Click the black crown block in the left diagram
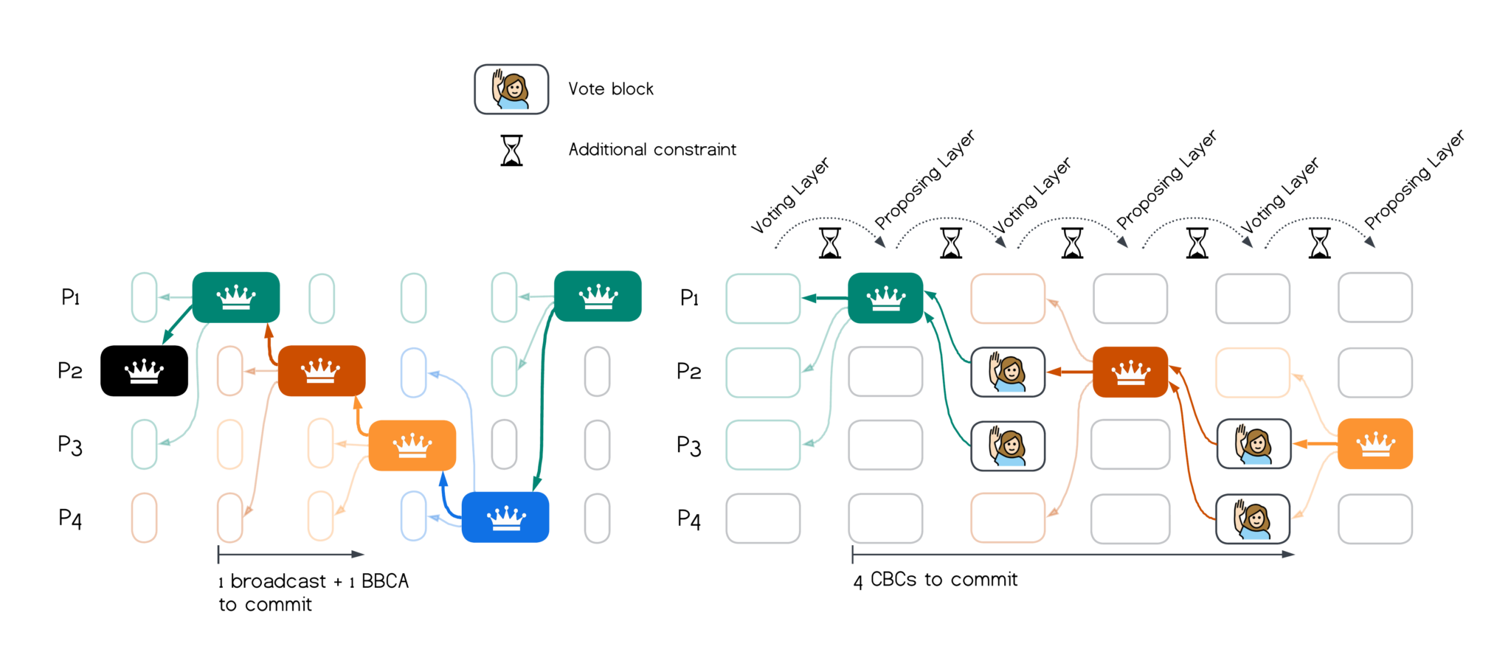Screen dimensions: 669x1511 (x=144, y=371)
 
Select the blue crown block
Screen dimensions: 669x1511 (x=505, y=517)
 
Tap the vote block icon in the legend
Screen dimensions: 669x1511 (x=511, y=89)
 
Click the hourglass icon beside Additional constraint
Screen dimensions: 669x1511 (x=511, y=150)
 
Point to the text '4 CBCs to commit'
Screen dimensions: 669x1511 (x=935, y=580)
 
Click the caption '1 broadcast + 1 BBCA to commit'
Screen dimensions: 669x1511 (x=313, y=592)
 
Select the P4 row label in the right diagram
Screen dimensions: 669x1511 (x=689, y=519)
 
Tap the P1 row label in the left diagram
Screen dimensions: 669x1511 (x=70, y=297)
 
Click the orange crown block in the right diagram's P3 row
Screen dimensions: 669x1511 (x=1375, y=444)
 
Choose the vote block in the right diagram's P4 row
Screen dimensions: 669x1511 (x=1253, y=519)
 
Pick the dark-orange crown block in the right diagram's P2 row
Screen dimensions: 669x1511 (x=1130, y=372)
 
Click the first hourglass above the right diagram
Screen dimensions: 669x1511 (x=830, y=243)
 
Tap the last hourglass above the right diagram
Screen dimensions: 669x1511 (x=1319, y=243)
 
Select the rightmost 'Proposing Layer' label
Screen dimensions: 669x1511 (x=1414, y=179)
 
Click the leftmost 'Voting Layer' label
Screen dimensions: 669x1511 (x=790, y=195)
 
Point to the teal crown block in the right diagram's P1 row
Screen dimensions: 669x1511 (x=885, y=298)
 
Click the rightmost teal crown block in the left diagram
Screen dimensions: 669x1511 (x=598, y=297)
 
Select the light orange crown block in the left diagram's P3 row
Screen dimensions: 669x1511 (x=412, y=446)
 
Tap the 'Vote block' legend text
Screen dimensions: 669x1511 (x=611, y=89)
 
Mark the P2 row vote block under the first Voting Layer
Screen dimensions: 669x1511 (x=1008, y=372)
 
